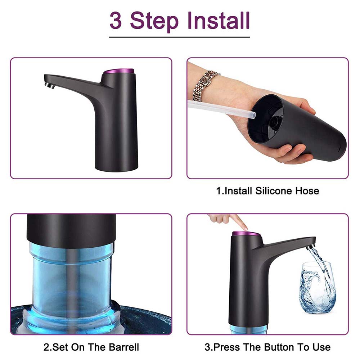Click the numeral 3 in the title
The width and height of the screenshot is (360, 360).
[116, 21]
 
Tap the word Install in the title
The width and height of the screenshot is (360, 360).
[219, 21]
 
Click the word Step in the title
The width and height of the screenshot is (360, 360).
[154, 22]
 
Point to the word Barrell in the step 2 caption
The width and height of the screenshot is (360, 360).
[124, 347]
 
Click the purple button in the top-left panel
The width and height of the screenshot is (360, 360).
[118, 71]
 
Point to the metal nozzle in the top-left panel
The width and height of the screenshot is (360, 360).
[50, 85]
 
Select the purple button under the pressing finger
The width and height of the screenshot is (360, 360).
[246, 234]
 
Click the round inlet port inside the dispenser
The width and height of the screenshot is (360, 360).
[275, 121]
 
